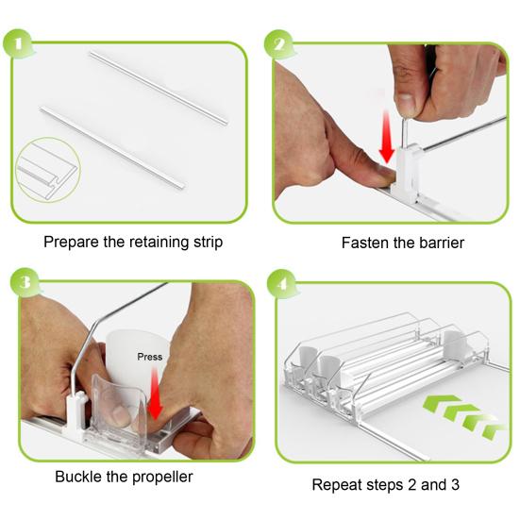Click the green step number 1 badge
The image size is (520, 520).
pyautogui.click(x=18, y=44)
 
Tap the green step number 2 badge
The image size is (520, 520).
pyautogui.click(x=279, y=44)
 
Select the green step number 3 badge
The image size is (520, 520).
pyautogui.click(x=25, y=283)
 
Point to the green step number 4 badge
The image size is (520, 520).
pyautogui.click(x=282, y=283)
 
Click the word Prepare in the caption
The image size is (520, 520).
pyautogui.click(x=72, y=243)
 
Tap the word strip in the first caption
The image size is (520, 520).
pyautogui.click(x=208, y=243)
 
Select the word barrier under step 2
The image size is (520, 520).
pyautogui.click(x=442, y=243)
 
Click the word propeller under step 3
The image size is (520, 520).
pyautogui.click(x=162, y=478)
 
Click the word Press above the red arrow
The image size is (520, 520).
pyautogui.click(x=150, y=357)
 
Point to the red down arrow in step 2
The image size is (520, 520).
pyautogui.click(x=386, y=136)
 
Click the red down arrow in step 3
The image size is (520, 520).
pyautogui.click(x=155, y=394)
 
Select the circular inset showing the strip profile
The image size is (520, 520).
pyautogui.click(x=48, y=170)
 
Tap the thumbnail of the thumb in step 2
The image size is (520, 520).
pyautogui.click(x=406, y=104)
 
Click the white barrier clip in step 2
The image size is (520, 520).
pyautogui.click(x=407, y=174)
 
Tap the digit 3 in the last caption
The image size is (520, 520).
pyautogui.click(x=455, y=485)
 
